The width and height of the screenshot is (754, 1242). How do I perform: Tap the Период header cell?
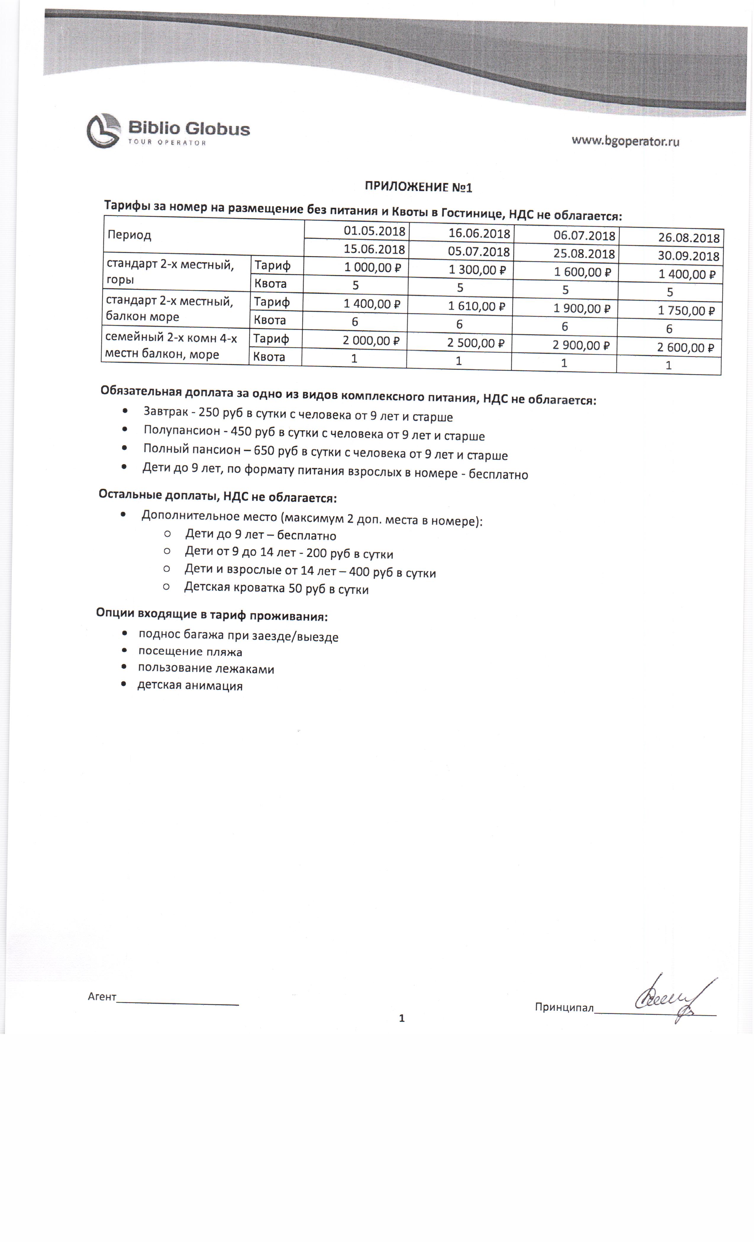[x=130, y=235]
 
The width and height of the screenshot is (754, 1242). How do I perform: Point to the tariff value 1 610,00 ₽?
[x=477, y=306]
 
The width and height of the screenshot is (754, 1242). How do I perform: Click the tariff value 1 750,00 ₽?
[x=686, y=311]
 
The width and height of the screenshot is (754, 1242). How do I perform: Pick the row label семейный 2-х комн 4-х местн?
[x=170, y=346]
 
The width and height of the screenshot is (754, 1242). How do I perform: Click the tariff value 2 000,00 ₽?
[x=371, y=341]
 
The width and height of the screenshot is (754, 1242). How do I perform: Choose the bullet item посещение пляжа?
[x=190, y=652]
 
